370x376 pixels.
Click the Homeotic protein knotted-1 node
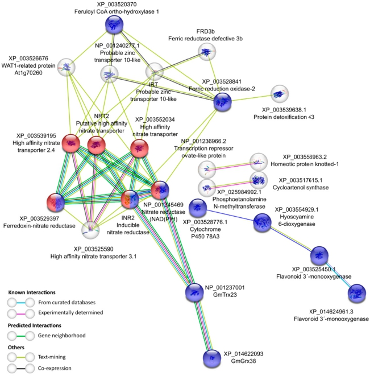(x=259, y=162)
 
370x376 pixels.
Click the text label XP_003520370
(x=118, y=5)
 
